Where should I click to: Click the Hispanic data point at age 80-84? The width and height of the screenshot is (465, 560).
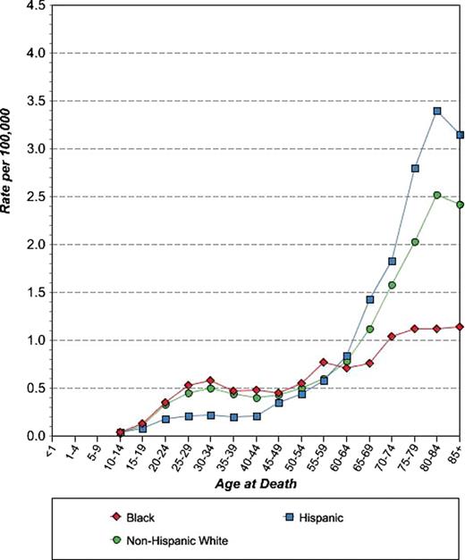click(437, 112)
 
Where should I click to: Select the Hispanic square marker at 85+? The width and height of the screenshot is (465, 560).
click(460, 135)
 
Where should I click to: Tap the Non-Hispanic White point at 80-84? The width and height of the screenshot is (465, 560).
click(437, 195)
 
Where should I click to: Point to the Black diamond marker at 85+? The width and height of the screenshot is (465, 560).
click(460, 327)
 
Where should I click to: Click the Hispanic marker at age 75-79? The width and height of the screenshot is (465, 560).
click(415, 168)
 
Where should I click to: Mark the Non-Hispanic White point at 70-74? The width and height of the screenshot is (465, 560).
click(392, 285)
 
